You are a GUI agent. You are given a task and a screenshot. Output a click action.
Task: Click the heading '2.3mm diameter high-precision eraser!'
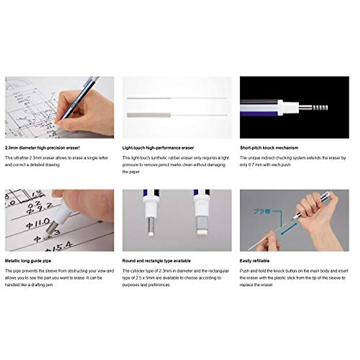click(43, 148)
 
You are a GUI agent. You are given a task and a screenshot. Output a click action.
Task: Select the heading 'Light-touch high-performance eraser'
click(158, 148)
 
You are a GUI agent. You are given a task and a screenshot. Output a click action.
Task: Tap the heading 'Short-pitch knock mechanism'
click(269, 148)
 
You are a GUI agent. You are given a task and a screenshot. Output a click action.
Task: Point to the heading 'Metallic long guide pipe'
click(28, 261)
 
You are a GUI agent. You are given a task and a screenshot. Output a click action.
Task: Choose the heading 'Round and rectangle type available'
click(157, 261)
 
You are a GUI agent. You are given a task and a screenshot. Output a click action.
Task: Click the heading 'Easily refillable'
click(255, 261)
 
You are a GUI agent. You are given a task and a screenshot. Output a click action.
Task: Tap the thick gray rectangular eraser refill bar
click(149, 115)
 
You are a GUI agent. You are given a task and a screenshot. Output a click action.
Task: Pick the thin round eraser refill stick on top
click(149, 98)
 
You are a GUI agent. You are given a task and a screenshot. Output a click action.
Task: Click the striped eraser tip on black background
click(320, 107)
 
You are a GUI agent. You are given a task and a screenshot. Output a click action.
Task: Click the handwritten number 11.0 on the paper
click(38, 223)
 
